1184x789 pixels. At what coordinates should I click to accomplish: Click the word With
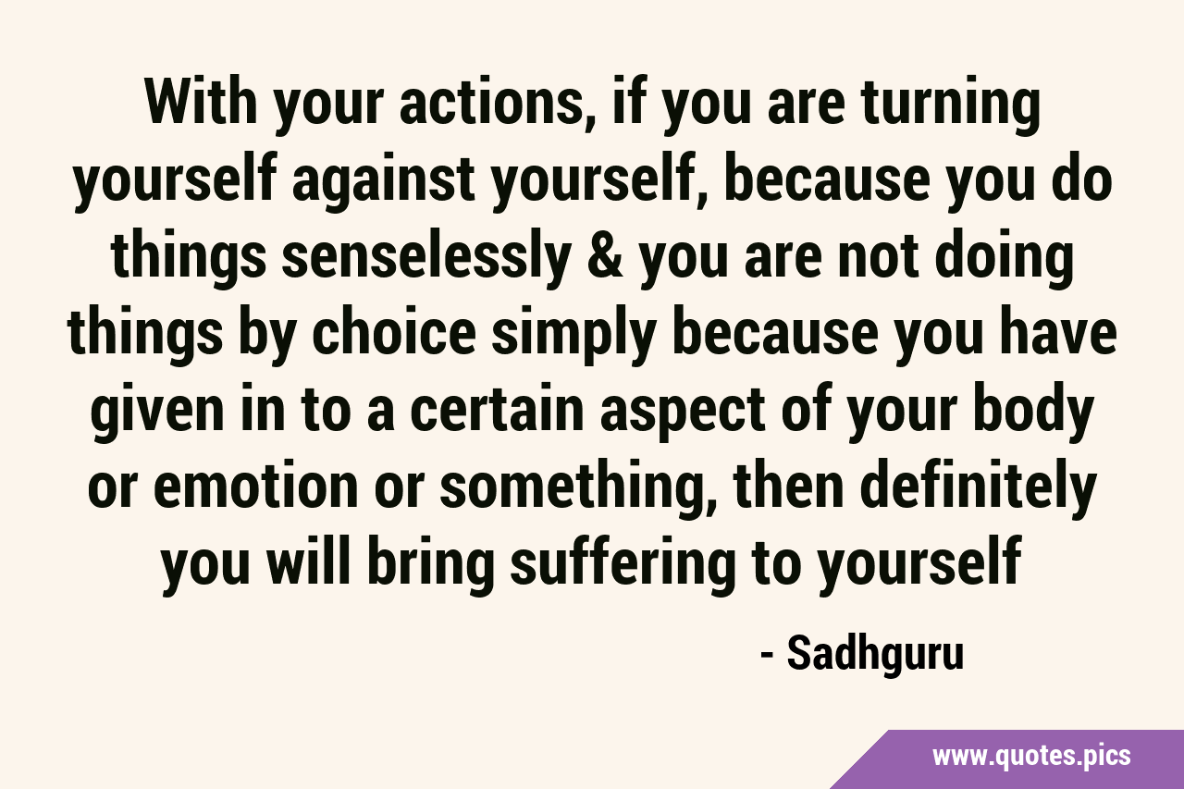pyautogui.click(x=201, y=102)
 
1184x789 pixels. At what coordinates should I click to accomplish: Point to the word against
pyautogui.click(x=384, y=183)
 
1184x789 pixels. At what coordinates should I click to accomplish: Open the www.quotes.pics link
pyautogui.click(x=1031, y=757)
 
